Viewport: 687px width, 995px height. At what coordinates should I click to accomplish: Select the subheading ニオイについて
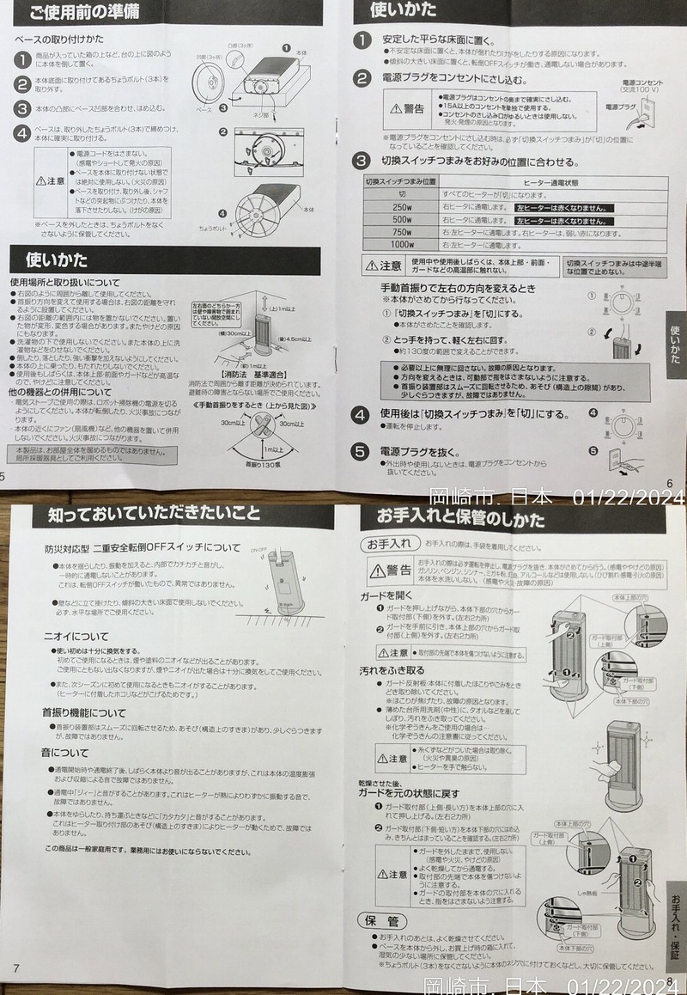point(76,637)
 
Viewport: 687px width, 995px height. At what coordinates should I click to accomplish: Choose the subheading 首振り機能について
point(85,712)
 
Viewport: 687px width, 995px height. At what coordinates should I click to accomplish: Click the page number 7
point(15,968)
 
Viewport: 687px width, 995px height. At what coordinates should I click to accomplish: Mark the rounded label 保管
point(381,920)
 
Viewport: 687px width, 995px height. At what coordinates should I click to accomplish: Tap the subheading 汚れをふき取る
point(392,669)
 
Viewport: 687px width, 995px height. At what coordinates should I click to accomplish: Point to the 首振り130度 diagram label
point(263,465)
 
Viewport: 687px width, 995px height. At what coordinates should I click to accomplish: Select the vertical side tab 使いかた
point(675,344)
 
